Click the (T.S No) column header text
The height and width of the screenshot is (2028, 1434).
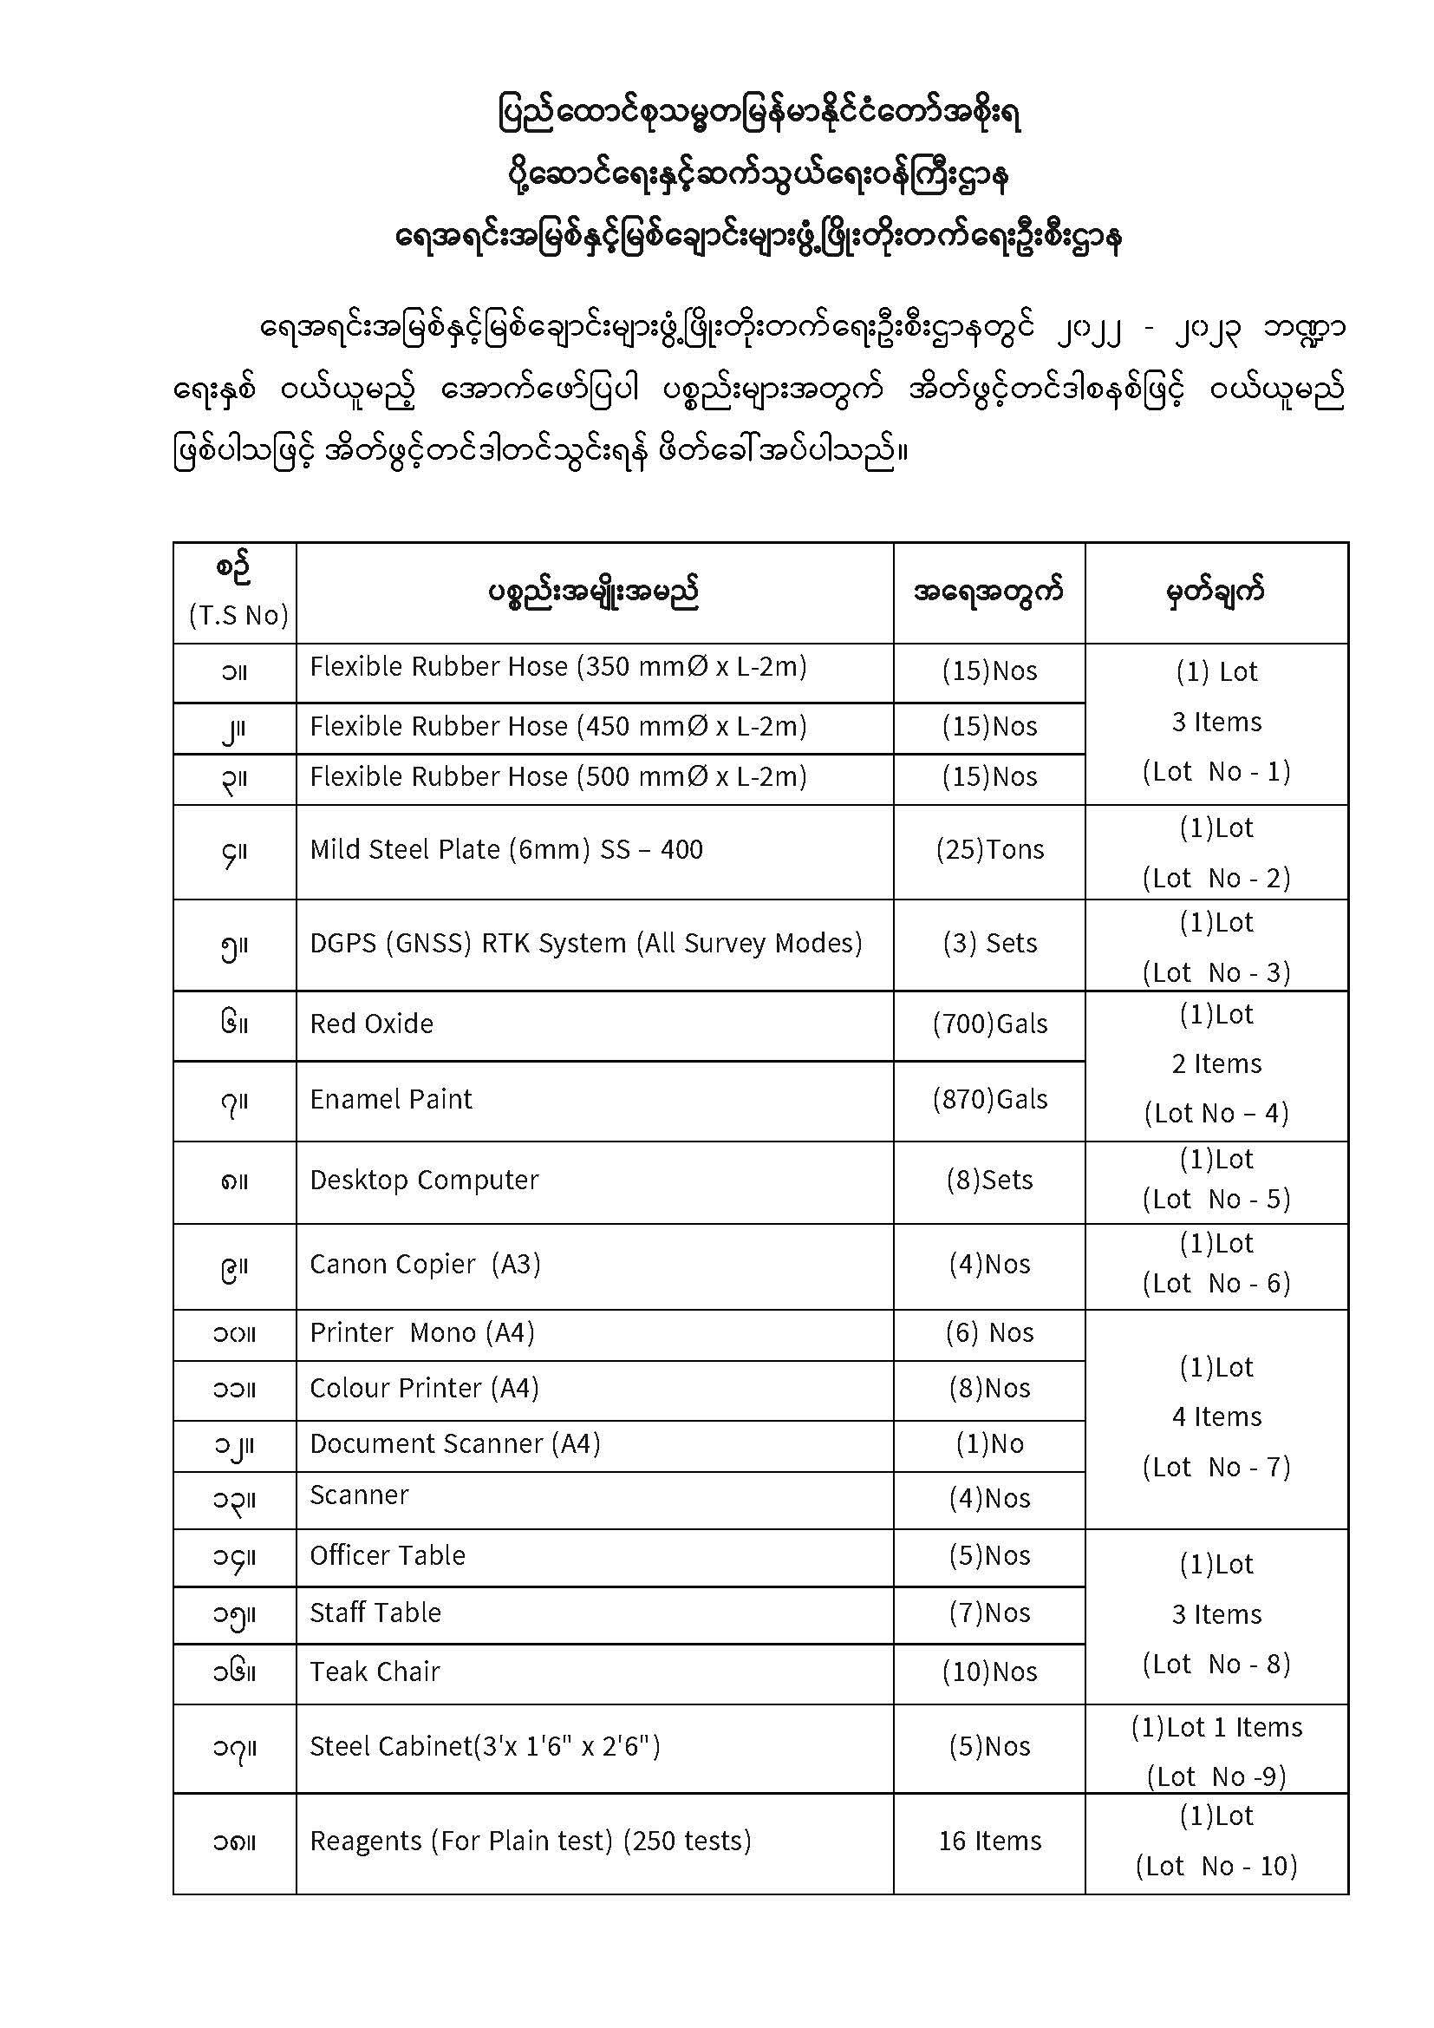point(238,615)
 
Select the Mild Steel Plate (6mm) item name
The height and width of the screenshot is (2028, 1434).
point(506,850)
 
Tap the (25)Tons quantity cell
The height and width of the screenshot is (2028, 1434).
point(989,850)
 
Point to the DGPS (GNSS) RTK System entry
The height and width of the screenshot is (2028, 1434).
point(585,944)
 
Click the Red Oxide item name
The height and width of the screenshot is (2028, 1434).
point(372,1024)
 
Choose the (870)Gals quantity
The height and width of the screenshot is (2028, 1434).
point(989,1099)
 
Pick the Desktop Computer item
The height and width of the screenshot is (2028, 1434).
point(424,1180)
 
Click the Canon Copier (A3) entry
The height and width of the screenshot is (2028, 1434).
point(425,1264)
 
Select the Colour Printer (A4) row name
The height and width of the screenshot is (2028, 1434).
point(424,1388)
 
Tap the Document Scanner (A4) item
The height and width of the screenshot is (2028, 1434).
point(455,1443)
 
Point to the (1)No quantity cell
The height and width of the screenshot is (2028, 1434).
point(989,1444)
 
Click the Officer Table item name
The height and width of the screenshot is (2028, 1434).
point(387,1555)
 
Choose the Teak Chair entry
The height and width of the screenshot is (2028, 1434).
point(375,1671)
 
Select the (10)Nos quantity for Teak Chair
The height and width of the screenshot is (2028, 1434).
point(989,1671)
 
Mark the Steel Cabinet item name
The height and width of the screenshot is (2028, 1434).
point(485,1746)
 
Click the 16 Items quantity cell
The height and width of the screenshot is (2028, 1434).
point(989,1841)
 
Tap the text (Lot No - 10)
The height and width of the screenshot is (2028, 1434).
point(1216,1866)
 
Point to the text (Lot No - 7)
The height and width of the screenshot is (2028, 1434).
point(1216,1467)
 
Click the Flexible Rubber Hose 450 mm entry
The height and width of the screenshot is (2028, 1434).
point(558,726)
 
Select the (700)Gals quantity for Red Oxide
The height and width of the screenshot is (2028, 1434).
point(989,1024)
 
